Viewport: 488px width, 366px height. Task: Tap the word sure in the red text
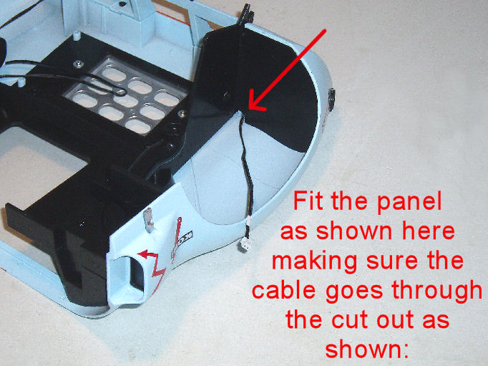[391, 263]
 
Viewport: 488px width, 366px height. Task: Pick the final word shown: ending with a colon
[366, 349]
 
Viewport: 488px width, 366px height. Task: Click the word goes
[353, 293]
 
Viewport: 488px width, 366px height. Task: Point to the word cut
[351, 320]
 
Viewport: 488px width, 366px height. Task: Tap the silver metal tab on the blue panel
[148, 221]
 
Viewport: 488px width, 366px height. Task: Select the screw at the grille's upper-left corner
[78, 64]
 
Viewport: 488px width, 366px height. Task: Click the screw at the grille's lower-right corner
[182, 113]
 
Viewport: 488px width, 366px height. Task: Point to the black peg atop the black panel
[246, 16]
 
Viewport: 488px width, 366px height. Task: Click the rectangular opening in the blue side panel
[136, 274]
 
